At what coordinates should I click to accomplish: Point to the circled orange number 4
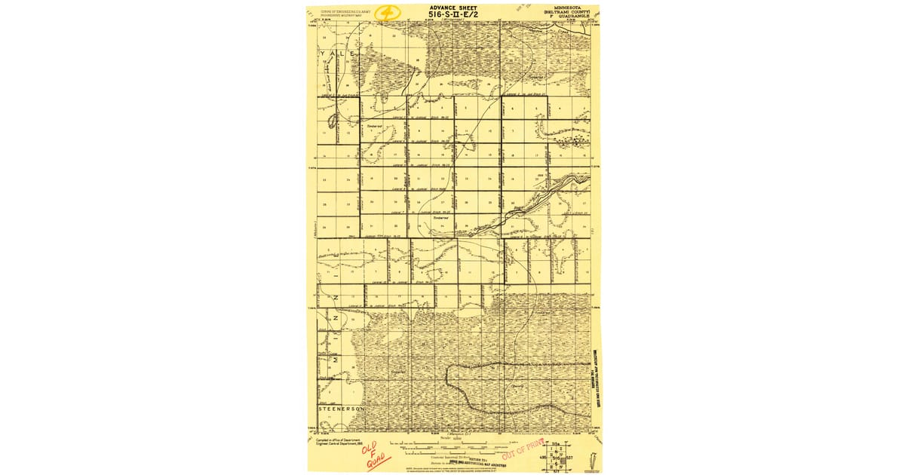pyautogui.click(x=388, y=13)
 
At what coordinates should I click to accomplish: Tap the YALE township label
pyautogui.click(x=336, y=56)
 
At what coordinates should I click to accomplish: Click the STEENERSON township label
pyautogui.click(x=342, y=408)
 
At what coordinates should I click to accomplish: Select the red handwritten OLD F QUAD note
pyautogui.click(x=373, y=457)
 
